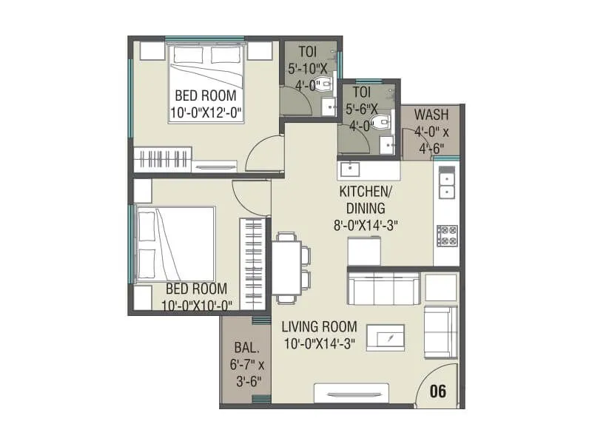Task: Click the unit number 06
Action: pos(438,391)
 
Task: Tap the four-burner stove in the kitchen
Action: pos(447,235)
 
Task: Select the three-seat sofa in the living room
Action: pos(383,289)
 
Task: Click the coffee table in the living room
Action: pos(386,337)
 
